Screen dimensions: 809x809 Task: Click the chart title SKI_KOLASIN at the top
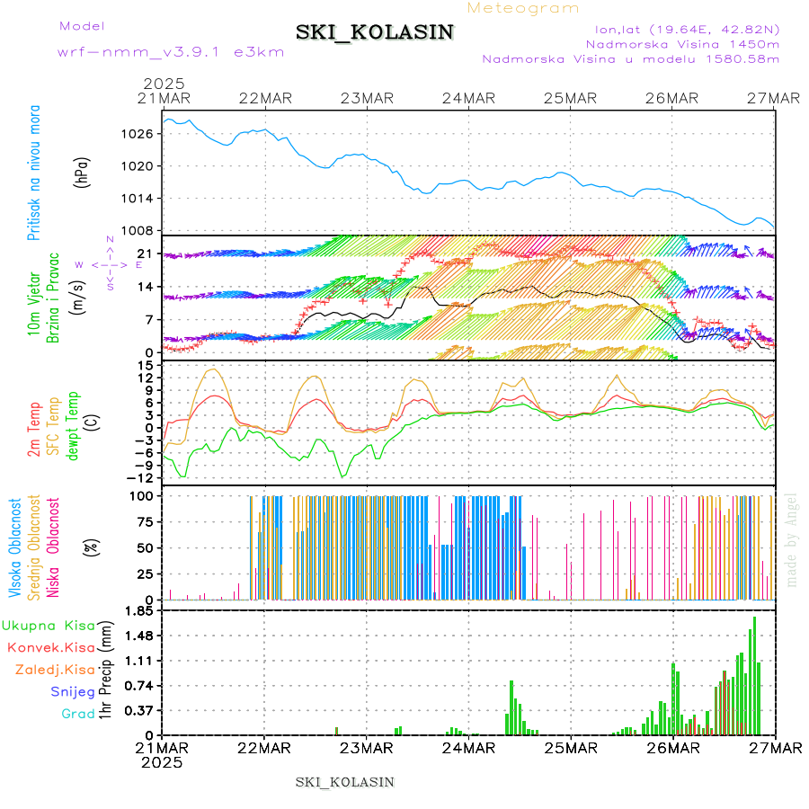375,32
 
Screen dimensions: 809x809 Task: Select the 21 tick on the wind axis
144,254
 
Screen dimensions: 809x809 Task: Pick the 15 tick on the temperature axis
144,365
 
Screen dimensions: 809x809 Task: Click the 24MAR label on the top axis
468,98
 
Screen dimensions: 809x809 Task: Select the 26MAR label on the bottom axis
672,747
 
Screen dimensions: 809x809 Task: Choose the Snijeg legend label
72,691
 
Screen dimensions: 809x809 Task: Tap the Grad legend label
78,714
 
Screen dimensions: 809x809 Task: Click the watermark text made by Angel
792,539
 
